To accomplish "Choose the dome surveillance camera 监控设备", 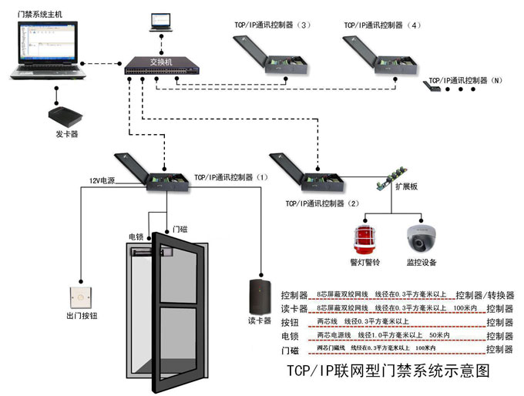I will pos(421,238).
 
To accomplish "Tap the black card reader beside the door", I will pos(258,294).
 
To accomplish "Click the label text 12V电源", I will pos(101,180).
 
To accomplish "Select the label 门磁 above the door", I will pos(180,229).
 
